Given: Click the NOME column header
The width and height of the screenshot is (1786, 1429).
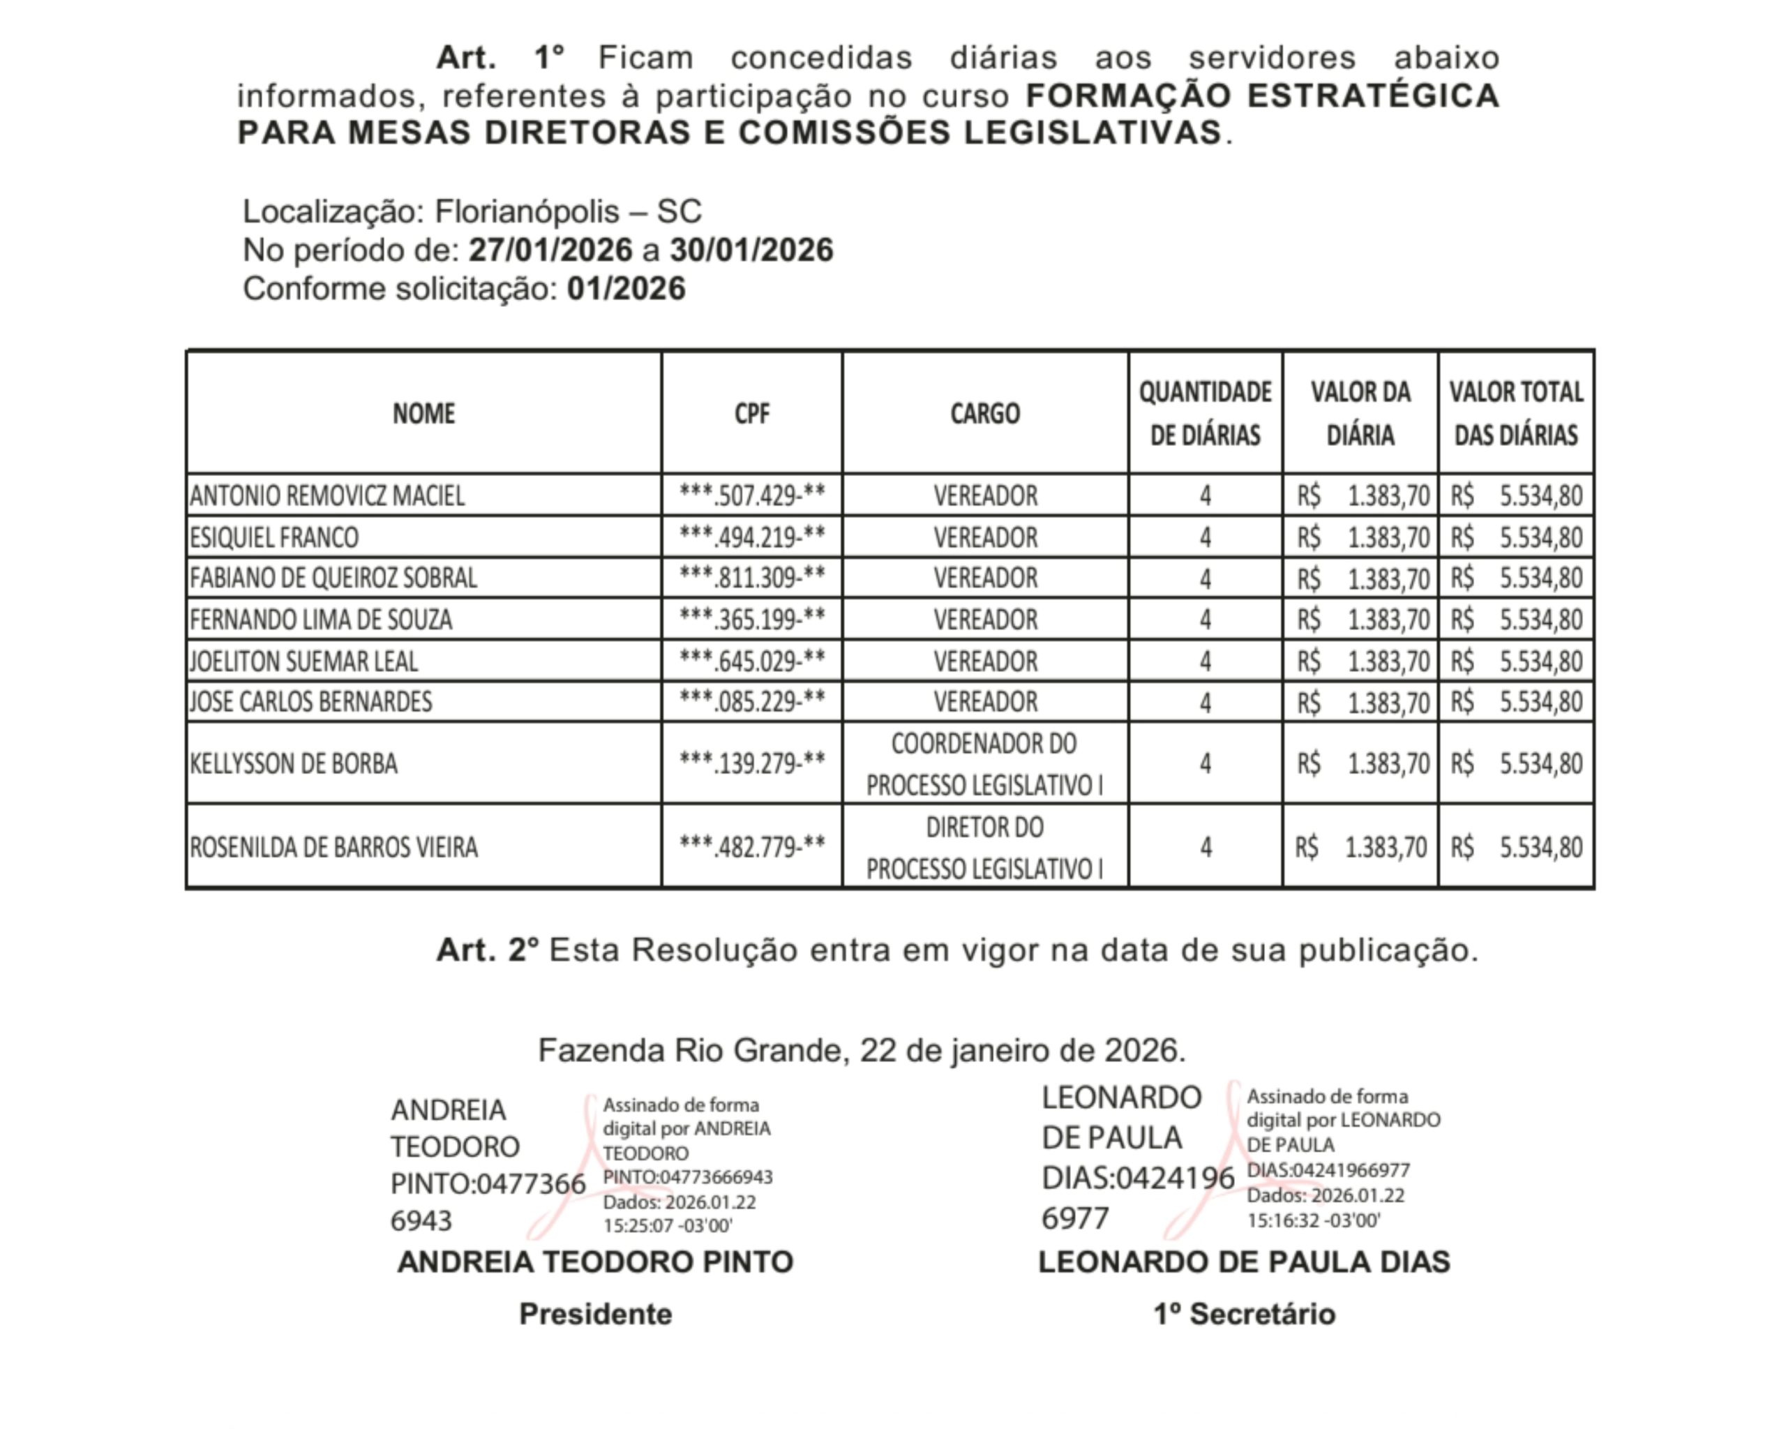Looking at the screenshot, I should point(423,412).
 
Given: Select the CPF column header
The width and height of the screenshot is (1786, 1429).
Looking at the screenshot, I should point(751,412).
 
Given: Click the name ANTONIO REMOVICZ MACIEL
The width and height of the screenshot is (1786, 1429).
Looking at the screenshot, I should point(327,495).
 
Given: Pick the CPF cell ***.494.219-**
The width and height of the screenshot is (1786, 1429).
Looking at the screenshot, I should point(751,537).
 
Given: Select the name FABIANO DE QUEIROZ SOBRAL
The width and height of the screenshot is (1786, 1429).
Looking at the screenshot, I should point(333,578).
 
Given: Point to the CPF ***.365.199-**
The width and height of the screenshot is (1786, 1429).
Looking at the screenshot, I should point(751,619).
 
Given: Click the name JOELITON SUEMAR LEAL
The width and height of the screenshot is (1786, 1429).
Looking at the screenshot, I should point(304,660).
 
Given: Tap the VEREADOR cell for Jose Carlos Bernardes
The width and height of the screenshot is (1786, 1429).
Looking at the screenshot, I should point(985,702).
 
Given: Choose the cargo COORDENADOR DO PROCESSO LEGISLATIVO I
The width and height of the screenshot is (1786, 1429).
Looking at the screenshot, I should point(984,763).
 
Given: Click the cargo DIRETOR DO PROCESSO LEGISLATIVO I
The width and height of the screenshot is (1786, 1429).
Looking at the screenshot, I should point(984,846).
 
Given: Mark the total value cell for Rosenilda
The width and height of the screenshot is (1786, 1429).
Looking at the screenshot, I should point(1516,846).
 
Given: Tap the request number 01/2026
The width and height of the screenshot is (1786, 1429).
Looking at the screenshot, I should point(625,289).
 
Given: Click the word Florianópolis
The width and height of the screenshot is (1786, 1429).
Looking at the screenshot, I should point(527,212).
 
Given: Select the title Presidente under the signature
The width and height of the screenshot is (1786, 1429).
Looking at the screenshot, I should point(595,1314).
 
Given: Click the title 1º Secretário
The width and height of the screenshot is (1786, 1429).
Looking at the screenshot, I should point(1244,1314).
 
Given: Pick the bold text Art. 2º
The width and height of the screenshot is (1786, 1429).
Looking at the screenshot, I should point(487,950).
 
